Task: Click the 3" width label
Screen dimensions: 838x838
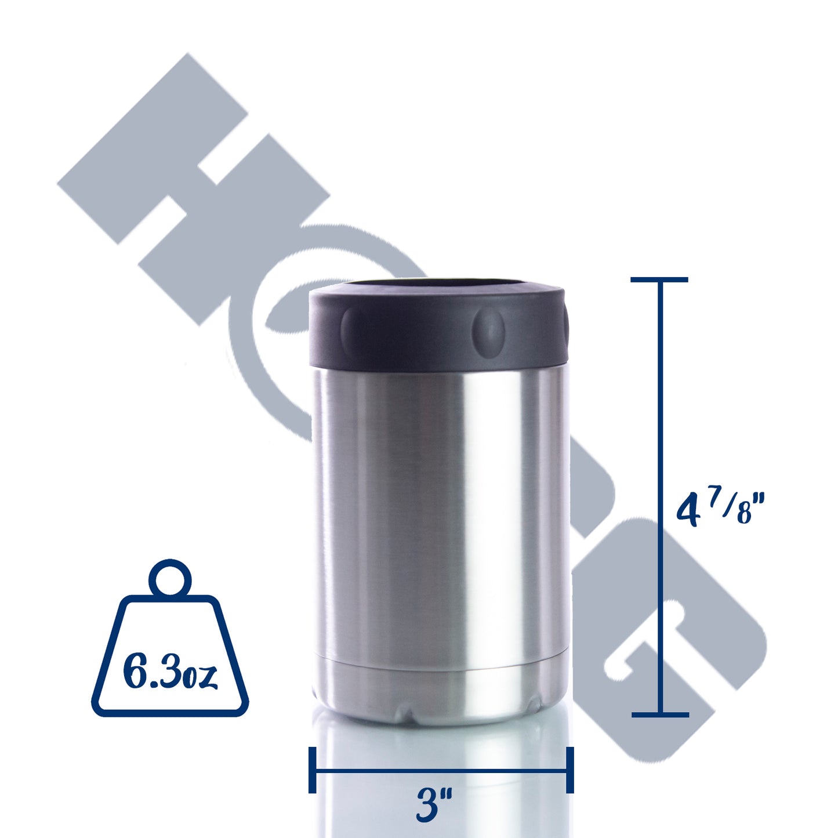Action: tap(434, 804)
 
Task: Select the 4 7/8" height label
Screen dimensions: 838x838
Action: tap(721, 509)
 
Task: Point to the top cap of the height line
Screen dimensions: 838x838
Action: tap(659, 280)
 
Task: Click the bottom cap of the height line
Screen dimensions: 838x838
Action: tap(660, 714)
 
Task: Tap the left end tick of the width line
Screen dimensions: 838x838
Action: tap(313, 770)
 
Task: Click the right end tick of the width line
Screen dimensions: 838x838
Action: tap(569, 770)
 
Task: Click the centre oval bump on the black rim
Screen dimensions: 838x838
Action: tap(489, 329)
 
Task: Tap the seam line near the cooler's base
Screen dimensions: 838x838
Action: tap(441, 669)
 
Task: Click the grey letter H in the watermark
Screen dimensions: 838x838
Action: tap(191, 186)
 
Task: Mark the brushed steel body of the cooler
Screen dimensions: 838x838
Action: tap(441, 510)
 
